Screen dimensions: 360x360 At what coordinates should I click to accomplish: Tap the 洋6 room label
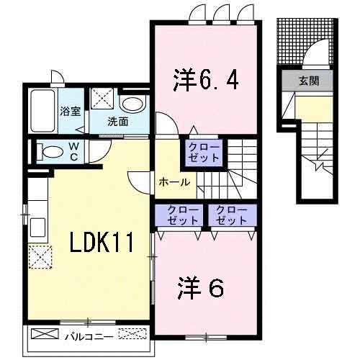(x=201, y=288)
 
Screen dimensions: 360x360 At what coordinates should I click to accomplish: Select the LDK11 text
(x=102, y=243)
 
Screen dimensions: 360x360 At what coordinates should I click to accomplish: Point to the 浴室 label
(x=70, y=112)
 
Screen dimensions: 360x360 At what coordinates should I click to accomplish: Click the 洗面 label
(x=118, y=121)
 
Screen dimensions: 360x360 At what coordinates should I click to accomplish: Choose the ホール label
(x=174, y=181)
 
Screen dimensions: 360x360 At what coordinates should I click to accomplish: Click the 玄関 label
(x=309, y=81)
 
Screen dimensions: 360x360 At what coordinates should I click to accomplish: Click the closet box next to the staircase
(x=204, y=152)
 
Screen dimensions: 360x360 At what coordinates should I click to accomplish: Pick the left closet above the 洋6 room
(x=178, y=215)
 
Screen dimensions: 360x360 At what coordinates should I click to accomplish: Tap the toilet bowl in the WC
(x=49, y=152)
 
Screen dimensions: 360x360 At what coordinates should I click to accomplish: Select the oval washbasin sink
(x=132, y=103)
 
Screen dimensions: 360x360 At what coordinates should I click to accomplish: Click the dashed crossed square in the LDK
(x=41, y=256)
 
